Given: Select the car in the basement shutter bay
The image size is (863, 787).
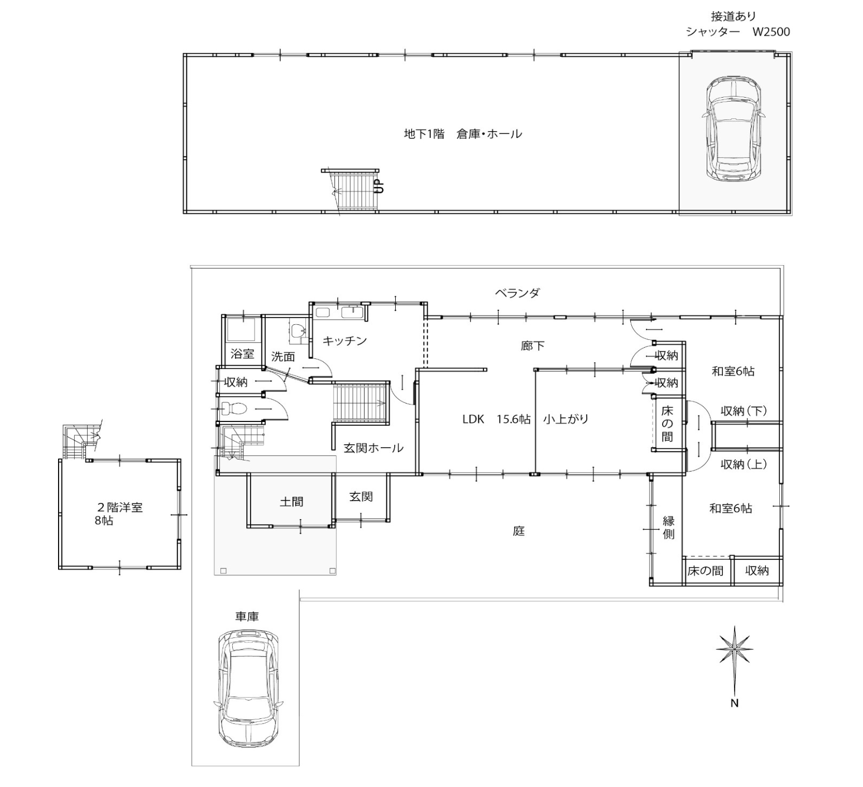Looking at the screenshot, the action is [x=733, y=128].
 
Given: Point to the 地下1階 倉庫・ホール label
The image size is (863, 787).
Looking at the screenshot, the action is [x=463, y=134].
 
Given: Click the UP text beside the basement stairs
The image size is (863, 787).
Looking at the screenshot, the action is [x=378, y=186].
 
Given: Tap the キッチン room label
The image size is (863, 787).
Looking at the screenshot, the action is [x=344, y=340].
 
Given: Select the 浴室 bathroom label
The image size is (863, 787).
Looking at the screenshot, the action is [x=242, y=354].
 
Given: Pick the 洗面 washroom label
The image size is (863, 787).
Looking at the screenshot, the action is [x=283, y=357].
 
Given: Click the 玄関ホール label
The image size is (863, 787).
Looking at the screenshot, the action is [x=373, y=448].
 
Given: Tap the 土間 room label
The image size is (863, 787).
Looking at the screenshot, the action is [x=291, y=502].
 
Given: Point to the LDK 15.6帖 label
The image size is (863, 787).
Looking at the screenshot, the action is [x=496, y=419].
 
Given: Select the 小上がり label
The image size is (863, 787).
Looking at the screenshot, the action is [x=566, y=419].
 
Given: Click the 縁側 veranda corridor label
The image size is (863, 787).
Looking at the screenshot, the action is [x=669, y=527].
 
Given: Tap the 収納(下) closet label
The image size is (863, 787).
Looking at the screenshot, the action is [x=744, y=411].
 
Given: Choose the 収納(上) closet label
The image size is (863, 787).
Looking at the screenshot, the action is [x=744, y=464].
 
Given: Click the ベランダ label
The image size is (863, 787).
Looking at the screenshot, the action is [x=517, y=293].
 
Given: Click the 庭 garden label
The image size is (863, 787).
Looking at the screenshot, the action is [x=519, y=531].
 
